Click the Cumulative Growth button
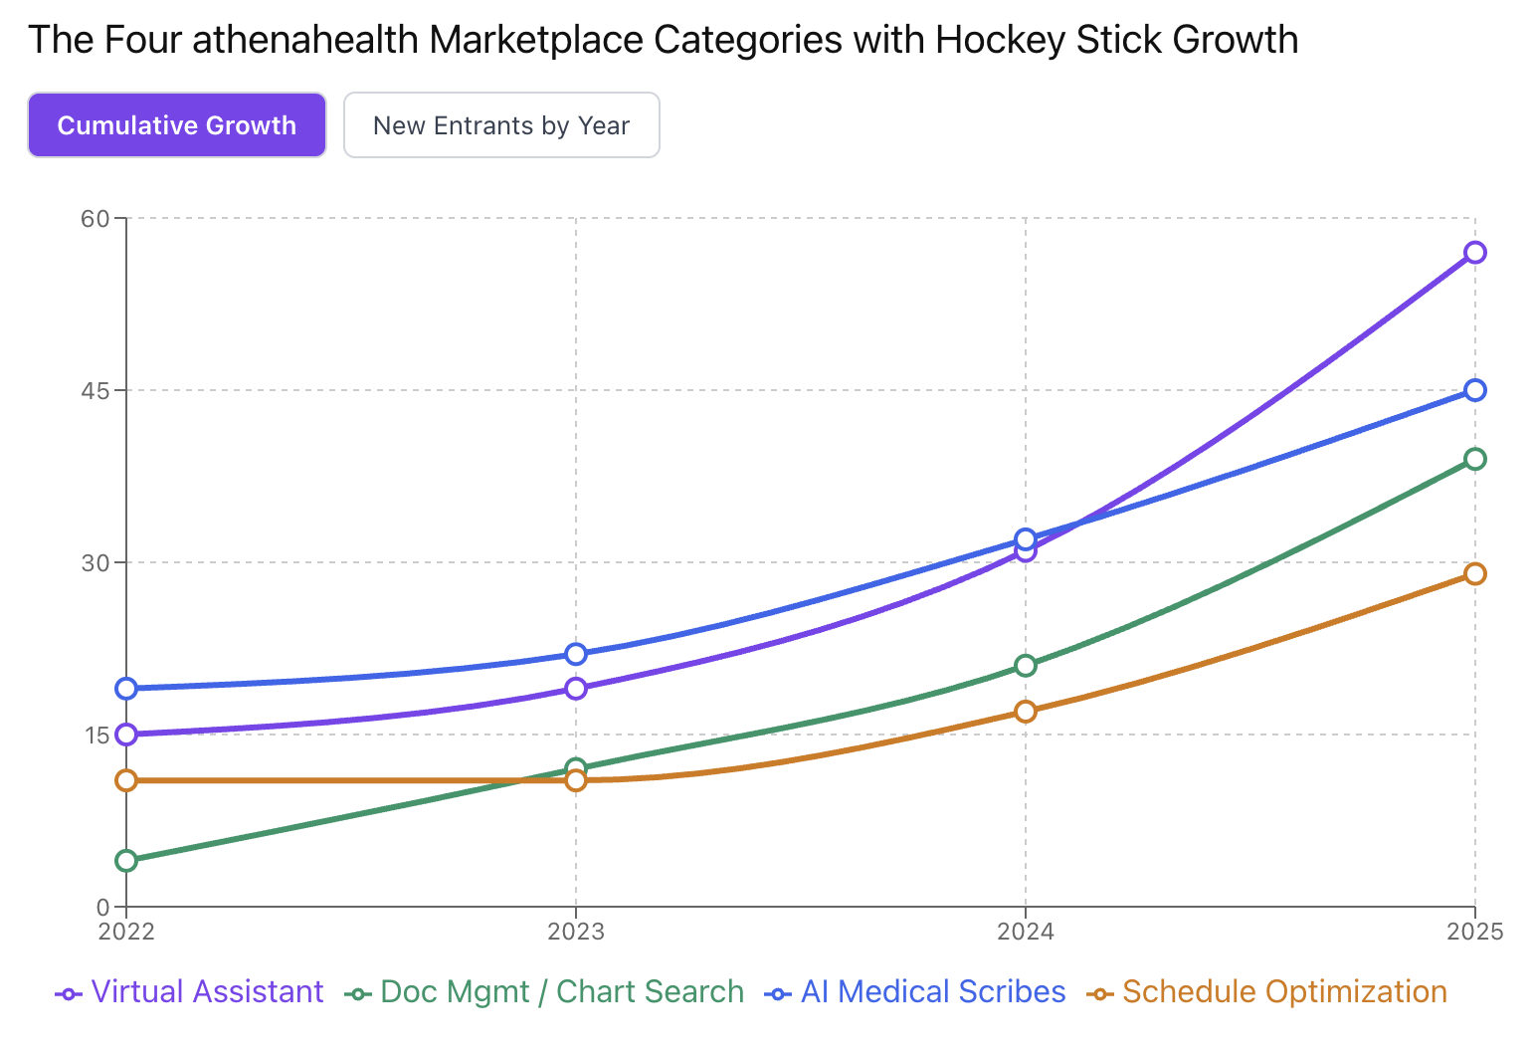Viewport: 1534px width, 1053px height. point(177,125)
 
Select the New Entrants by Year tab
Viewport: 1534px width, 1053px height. point(501,125)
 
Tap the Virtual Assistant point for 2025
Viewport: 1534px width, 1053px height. point(1474,253)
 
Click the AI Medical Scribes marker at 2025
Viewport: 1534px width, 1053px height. point(1474,390)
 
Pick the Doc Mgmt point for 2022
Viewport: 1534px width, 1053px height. point(126,860)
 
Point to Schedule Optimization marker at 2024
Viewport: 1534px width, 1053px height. point(1026,711)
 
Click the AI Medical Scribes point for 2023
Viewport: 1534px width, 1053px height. point(576,654)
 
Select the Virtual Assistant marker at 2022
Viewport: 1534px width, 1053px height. point(126,735)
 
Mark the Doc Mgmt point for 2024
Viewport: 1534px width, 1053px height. point(1026,665)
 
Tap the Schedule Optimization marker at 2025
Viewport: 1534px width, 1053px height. point(1474,573)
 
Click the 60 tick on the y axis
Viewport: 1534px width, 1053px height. point(95,218)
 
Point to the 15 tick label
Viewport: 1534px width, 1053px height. point(96,735)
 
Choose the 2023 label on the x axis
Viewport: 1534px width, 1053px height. point(576,932)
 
